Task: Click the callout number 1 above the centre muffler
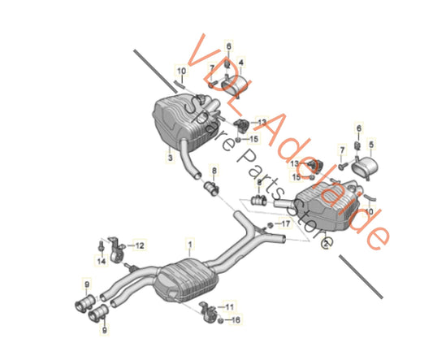[x=190, y=242]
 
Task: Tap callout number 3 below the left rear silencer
[x=170, y=158]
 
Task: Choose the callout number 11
[x=230, y=306]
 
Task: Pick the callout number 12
[x=140, y=245]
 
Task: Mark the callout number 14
[x=101, y=261]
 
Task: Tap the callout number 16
[x=236, y=321]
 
